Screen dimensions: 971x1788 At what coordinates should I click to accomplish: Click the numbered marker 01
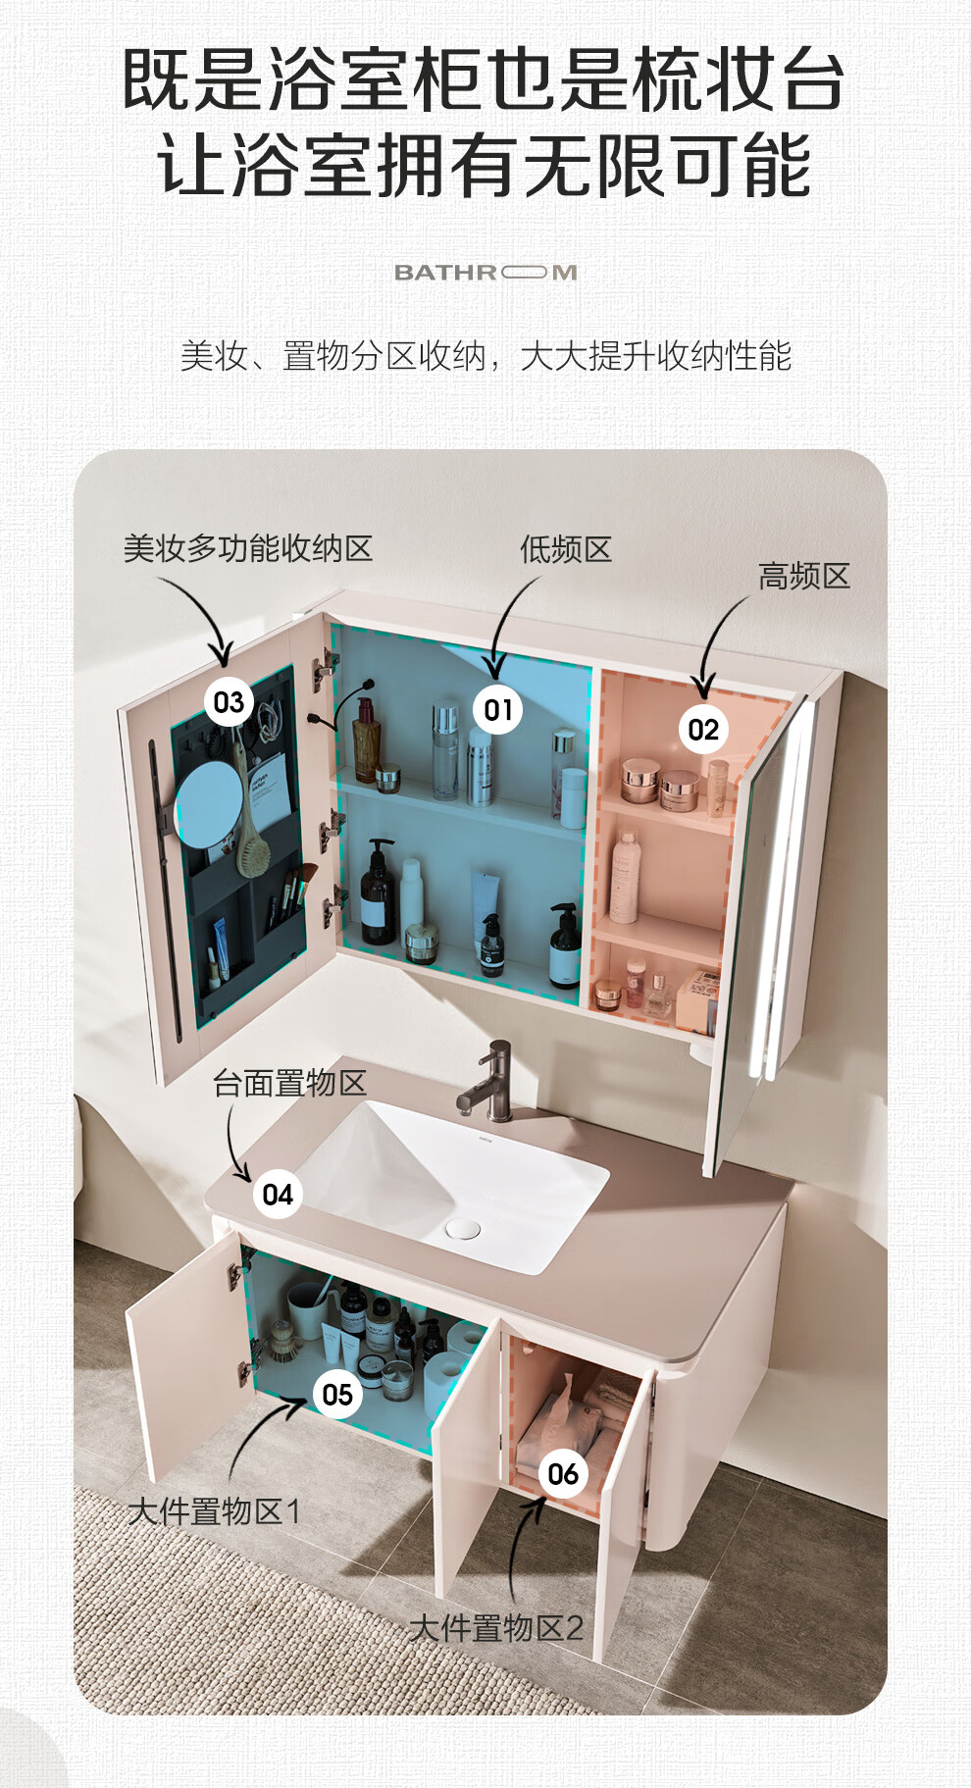(498, 709)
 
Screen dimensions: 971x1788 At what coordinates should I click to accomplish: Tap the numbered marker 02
(703, 729)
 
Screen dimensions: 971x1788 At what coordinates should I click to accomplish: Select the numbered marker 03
(229, 701)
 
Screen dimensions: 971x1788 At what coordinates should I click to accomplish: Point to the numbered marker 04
(278, 1194)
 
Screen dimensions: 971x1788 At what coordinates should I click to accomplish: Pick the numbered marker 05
(337, 1394)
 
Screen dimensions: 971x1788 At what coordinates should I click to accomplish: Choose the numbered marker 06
(563, 1473)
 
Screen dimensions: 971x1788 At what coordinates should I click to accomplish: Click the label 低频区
(566, 549)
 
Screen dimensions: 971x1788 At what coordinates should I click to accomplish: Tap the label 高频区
(804, 576)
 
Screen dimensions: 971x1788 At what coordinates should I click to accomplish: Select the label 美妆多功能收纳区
(248, 548)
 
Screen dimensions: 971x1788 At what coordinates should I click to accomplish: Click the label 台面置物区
(289, 1083)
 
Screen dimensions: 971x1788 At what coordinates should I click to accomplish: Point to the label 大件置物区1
(214, 1511)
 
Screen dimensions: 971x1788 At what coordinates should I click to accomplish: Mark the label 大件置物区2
(496, 1628)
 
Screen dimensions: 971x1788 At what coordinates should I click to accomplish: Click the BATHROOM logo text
(485, 273)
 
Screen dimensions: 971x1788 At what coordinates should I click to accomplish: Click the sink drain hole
(463, 1228)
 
